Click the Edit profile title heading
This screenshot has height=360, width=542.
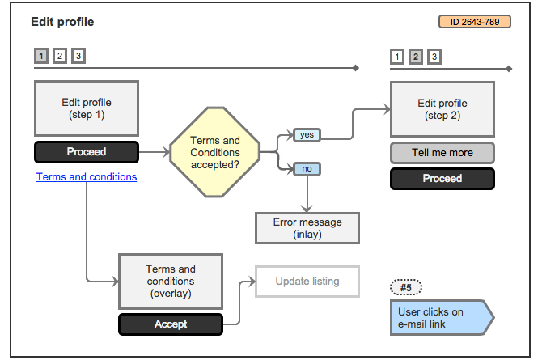coord(62,22)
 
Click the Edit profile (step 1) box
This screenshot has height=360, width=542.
coord(87,108)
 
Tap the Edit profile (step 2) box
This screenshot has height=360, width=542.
coord(442,108)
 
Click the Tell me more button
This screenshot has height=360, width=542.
coord(442,152)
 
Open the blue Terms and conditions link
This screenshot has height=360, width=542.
coord(87,176)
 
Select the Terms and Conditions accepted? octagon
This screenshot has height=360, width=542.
coord(215,151)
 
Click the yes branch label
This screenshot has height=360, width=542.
coord(307,135)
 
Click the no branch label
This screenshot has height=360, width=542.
coord(307,169)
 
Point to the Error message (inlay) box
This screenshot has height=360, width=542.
coord(307,228)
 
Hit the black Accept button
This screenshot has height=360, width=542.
coord(170,324)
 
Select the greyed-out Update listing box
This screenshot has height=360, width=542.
coord(307,282)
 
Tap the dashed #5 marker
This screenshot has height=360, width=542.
coord(406,287)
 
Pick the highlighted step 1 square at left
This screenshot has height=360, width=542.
coord(41,56)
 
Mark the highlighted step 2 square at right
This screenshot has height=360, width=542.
coord(416,57)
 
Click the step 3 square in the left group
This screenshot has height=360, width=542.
coord(78,56)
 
